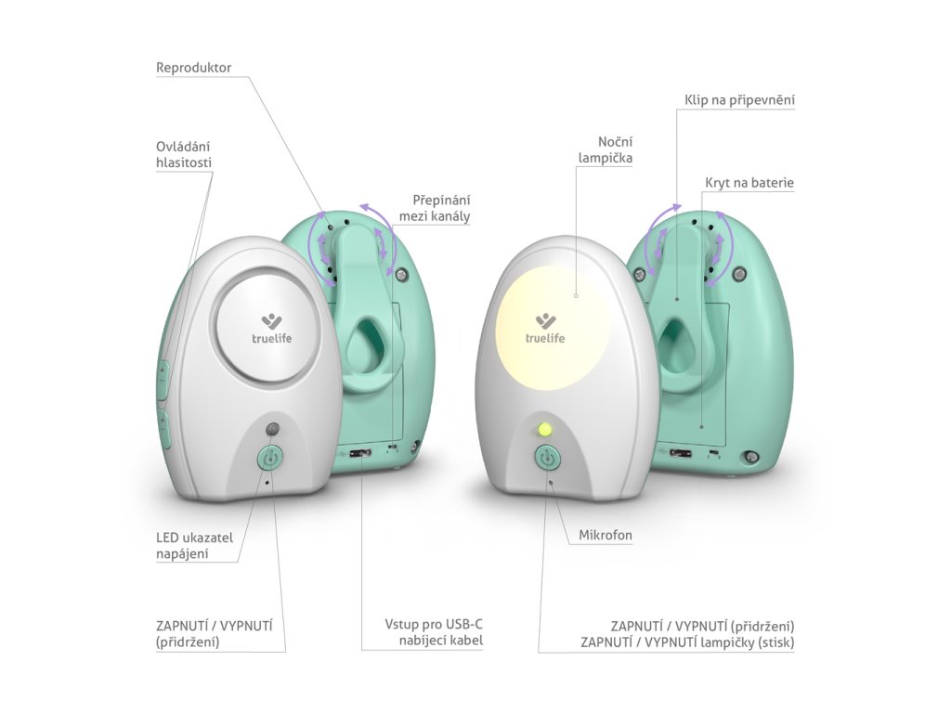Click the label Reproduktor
(193, 68)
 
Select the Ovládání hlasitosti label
(184, 154)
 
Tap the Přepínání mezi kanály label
(435, 208)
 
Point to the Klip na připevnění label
(739, 99)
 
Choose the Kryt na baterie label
(749, 184)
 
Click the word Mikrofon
(605, 535)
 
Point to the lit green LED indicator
(545, 430)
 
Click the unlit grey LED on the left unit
(272, 430)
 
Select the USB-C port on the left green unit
(358, 454)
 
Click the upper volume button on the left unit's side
(163, 381)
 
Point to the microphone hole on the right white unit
(552, 482)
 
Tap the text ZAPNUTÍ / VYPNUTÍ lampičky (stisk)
(687, 642)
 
